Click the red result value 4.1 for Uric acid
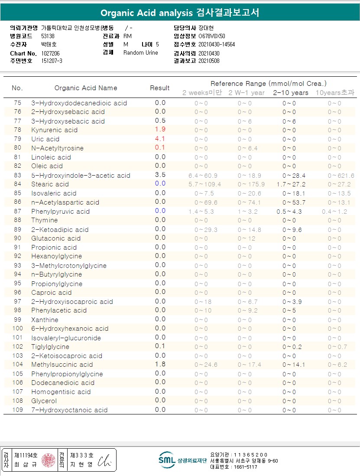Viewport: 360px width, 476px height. coord(160,139)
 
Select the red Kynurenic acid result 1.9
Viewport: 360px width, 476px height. coord(160,130)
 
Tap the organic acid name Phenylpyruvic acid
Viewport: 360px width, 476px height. coord(60,212)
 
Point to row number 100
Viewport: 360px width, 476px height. coord(18,329)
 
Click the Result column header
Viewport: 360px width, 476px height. coord(160,88)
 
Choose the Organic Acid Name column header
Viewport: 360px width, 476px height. coord(86,88)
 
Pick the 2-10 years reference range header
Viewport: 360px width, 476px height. coord(291,93)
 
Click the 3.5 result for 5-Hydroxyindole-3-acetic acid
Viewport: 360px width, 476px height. coord(160,175)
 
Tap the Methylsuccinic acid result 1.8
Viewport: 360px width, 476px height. coord(160,364)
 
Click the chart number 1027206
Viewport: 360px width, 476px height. coord(51,53)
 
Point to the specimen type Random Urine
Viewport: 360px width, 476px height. coord(141,53)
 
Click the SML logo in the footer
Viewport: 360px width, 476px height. coord(166,460)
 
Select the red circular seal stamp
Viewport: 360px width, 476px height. coord(49,460)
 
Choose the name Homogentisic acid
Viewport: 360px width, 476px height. coord(61,392)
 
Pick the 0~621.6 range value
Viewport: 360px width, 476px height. coord(341,176)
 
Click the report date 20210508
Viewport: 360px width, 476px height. coord(209,61)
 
